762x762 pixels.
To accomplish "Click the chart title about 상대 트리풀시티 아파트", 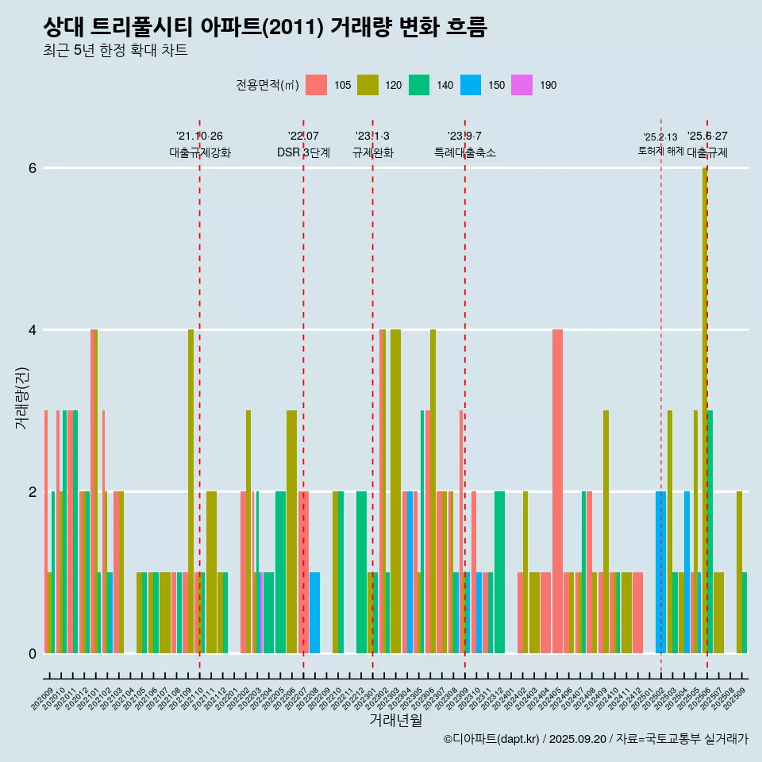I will click(264, 27).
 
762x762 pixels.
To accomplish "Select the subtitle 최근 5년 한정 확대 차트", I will click(115, 52).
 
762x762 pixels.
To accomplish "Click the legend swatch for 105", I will click(316, 85).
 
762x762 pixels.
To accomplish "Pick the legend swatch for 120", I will click(368, 85).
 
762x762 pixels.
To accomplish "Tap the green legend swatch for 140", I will click(419, 85).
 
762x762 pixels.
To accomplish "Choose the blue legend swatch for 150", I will click(471, 85).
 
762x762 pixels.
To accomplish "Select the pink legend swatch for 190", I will click(522, 85).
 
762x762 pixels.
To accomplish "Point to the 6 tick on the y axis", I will click(32, 168).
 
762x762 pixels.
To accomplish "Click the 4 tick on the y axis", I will click(32, 330).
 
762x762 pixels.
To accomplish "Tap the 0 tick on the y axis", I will click(32, 654).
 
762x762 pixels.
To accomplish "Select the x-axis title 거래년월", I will click(395, 720).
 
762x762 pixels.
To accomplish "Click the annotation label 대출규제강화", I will click(199, 153).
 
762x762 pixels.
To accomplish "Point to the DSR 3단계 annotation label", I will click(303, 153).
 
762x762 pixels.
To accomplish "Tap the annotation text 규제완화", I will click(372, 153).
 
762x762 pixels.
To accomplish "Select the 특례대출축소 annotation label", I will click(464, 153).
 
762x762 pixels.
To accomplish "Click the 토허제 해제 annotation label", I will click(660, 151).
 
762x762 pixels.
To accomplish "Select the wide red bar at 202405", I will click(557, 492).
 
